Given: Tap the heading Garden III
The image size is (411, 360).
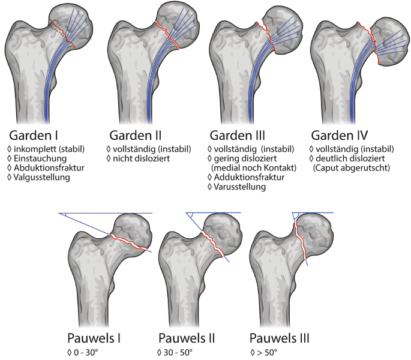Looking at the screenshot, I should coord(240,135).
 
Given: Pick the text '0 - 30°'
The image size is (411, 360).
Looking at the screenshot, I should coord(88,350).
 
